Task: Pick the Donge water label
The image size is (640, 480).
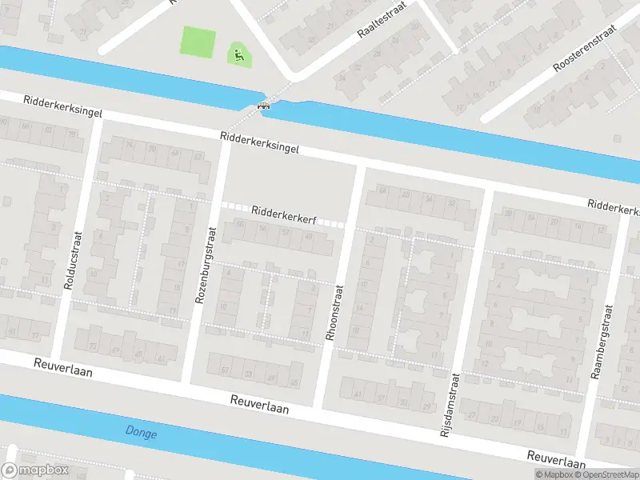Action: [x=142, y=433]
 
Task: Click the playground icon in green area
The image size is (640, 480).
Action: [x=238, y=55]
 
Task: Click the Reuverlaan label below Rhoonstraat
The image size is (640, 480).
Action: [x=260, y=403]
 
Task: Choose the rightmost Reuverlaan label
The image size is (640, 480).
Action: [x=556, y=458]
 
